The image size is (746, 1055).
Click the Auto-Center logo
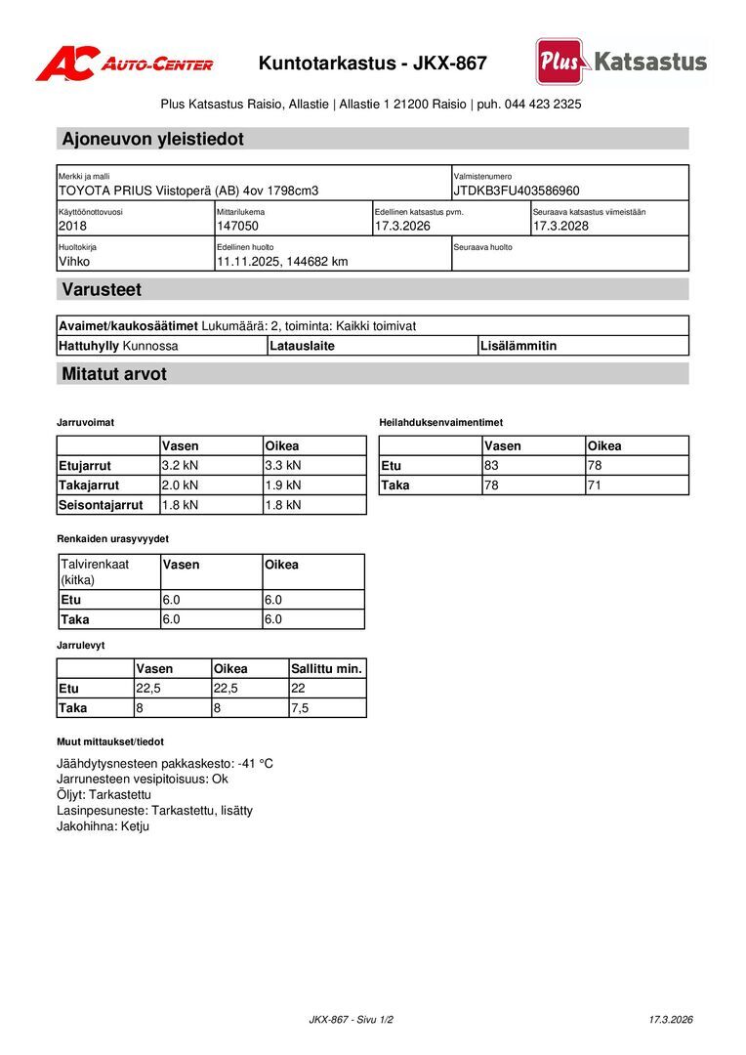[x=124, y=63]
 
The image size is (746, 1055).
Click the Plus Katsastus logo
[x=621, y=62]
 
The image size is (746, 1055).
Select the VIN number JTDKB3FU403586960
[x=517, y=190]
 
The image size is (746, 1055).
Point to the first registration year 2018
[x=73, y=226]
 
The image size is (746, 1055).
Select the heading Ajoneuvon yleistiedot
[x=152, y=139]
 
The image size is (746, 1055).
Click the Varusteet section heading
[x=102, y=290]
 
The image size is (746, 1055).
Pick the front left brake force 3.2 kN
[x=180, y=465]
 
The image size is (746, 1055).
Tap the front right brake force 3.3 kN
[x=283, y=465]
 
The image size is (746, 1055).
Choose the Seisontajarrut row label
[x=101, y=505]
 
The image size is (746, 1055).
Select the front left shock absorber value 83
[x=492, y=465]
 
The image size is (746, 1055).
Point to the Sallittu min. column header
[x=327, y=669]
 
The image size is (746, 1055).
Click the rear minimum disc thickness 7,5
[x=300, y=708]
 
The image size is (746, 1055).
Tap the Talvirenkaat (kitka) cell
[x=95, y=571]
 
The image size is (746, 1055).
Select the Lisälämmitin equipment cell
[x=518, y=346]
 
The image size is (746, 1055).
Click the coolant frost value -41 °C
[x=255, y=763]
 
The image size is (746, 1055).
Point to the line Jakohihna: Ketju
[x=104, y=825]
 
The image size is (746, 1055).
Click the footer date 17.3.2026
[x=671, y=1020]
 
